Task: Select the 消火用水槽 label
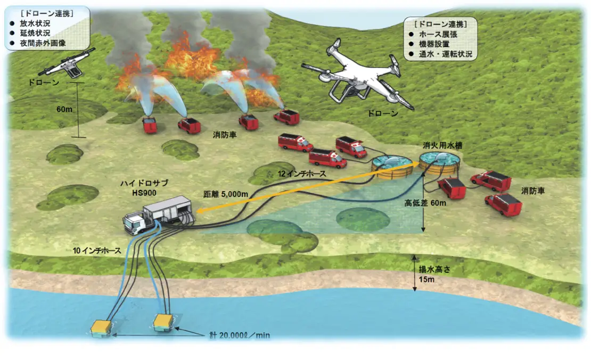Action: [x=440, y=144]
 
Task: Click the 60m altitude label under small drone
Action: [x=64, y=109]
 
